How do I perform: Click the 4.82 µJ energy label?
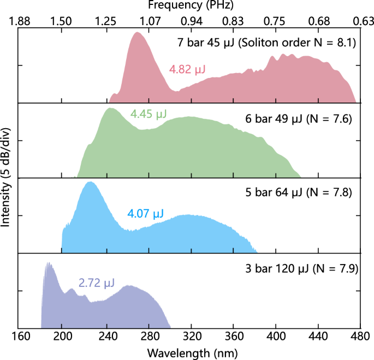tap(187, 70)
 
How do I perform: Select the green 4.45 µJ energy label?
tap(149, 114)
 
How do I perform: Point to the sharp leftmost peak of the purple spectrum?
tap(48, 263)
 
